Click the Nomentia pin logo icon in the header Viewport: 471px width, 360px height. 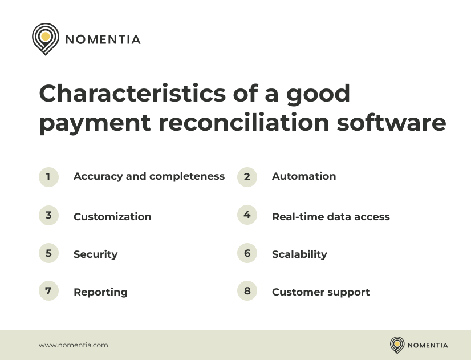pos(46,38)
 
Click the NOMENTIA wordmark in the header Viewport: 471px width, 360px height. pos(103,39)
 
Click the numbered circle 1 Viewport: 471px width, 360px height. pos(48,177)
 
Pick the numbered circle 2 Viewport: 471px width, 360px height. pos(247,177)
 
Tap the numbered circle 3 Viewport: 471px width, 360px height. pos(48,215)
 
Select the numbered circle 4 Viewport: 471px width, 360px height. pos(247,215)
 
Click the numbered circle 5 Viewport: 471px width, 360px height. pos(48,253)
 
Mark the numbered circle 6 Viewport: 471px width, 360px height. pos(247,253)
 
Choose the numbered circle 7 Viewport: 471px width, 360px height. pos(48,291)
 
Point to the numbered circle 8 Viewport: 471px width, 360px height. pos(247,291)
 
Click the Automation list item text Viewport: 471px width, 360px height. pos(304,176)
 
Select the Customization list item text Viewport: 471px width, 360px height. pos(112,217)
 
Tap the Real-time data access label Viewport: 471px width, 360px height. pos(331,217)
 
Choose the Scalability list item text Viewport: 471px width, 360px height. pos(299,254)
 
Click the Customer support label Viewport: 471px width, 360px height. pos(320,292)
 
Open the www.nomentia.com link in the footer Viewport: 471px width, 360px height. pos(74,345)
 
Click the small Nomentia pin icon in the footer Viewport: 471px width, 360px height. pos(397,345)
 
